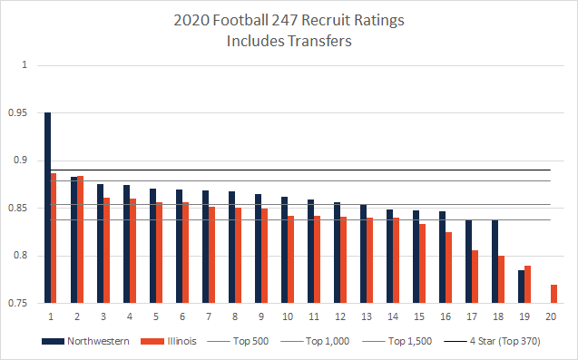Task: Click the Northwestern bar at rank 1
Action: click(47, 208)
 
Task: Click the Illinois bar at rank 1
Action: click(54, 238)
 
